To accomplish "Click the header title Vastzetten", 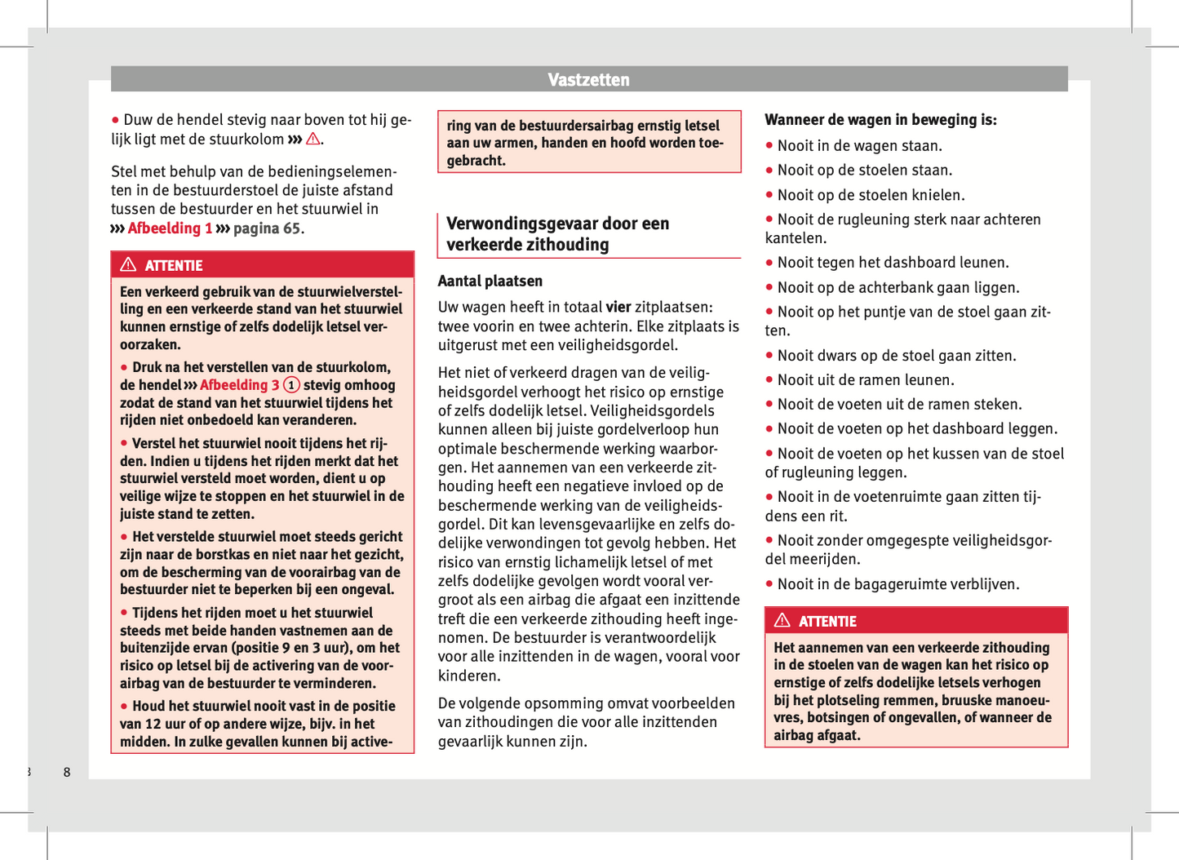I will click(588, 80).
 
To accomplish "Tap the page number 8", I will click(67, 772).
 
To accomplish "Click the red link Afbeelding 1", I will click(170, 228).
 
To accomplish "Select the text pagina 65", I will click(268, 228).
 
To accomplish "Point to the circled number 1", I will click(291, 385).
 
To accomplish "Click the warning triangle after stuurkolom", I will click(313, 140).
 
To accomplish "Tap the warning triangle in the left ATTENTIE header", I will click(128, 264).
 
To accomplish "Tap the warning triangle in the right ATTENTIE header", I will click(782, 620).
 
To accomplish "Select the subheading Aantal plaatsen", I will click(490, 281).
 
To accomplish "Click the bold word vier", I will click(618, 308).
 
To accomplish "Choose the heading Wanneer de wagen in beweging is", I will click(880, 120).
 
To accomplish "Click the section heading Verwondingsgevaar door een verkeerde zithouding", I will click(557, 234).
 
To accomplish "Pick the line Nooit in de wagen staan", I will click(859, 146).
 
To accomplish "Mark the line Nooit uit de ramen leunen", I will click(865, 380).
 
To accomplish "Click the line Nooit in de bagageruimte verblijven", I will click(898, 584).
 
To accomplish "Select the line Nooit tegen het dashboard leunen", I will click(893, 263).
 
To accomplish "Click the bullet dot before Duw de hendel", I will click(116, 120).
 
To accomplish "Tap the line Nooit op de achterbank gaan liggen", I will click(898, 288).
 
